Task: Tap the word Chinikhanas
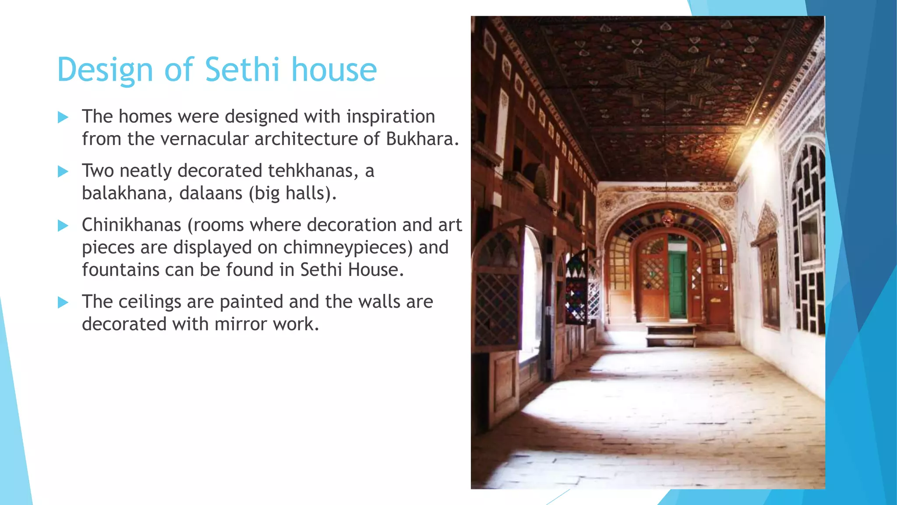131,225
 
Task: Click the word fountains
120,270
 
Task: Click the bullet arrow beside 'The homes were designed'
63,117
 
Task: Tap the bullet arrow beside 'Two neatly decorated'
63,171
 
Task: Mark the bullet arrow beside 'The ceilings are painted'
63,302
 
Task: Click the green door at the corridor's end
677,285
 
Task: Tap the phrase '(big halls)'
293,193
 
